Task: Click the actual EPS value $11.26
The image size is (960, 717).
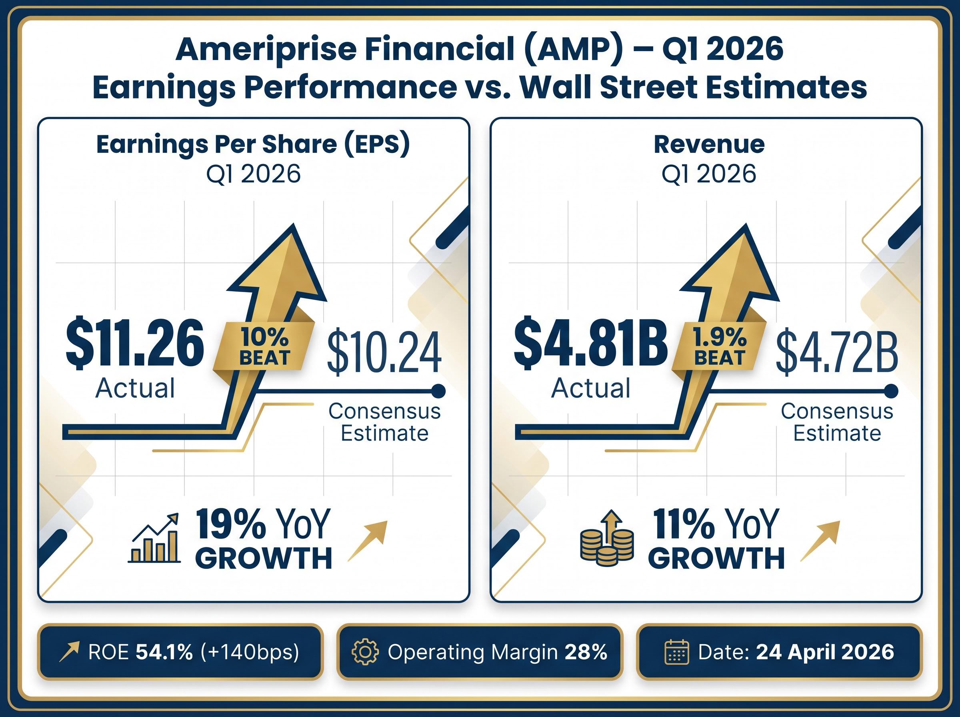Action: coord(134,344)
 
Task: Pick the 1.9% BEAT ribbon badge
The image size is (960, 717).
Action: coord(719,347)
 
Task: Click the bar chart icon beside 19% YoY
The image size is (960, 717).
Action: coord(155,538)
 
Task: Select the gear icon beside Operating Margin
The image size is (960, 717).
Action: coord(365,652)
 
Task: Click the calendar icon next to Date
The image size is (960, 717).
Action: coord(676,652)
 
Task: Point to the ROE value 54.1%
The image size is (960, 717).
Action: coord(164,652)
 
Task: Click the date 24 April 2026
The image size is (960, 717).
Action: coord(825,652)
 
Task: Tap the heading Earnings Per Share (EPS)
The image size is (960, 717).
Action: coord(253,144)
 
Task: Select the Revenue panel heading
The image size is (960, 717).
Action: coord(709,144)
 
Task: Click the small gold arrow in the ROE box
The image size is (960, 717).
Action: coord(70,652)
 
